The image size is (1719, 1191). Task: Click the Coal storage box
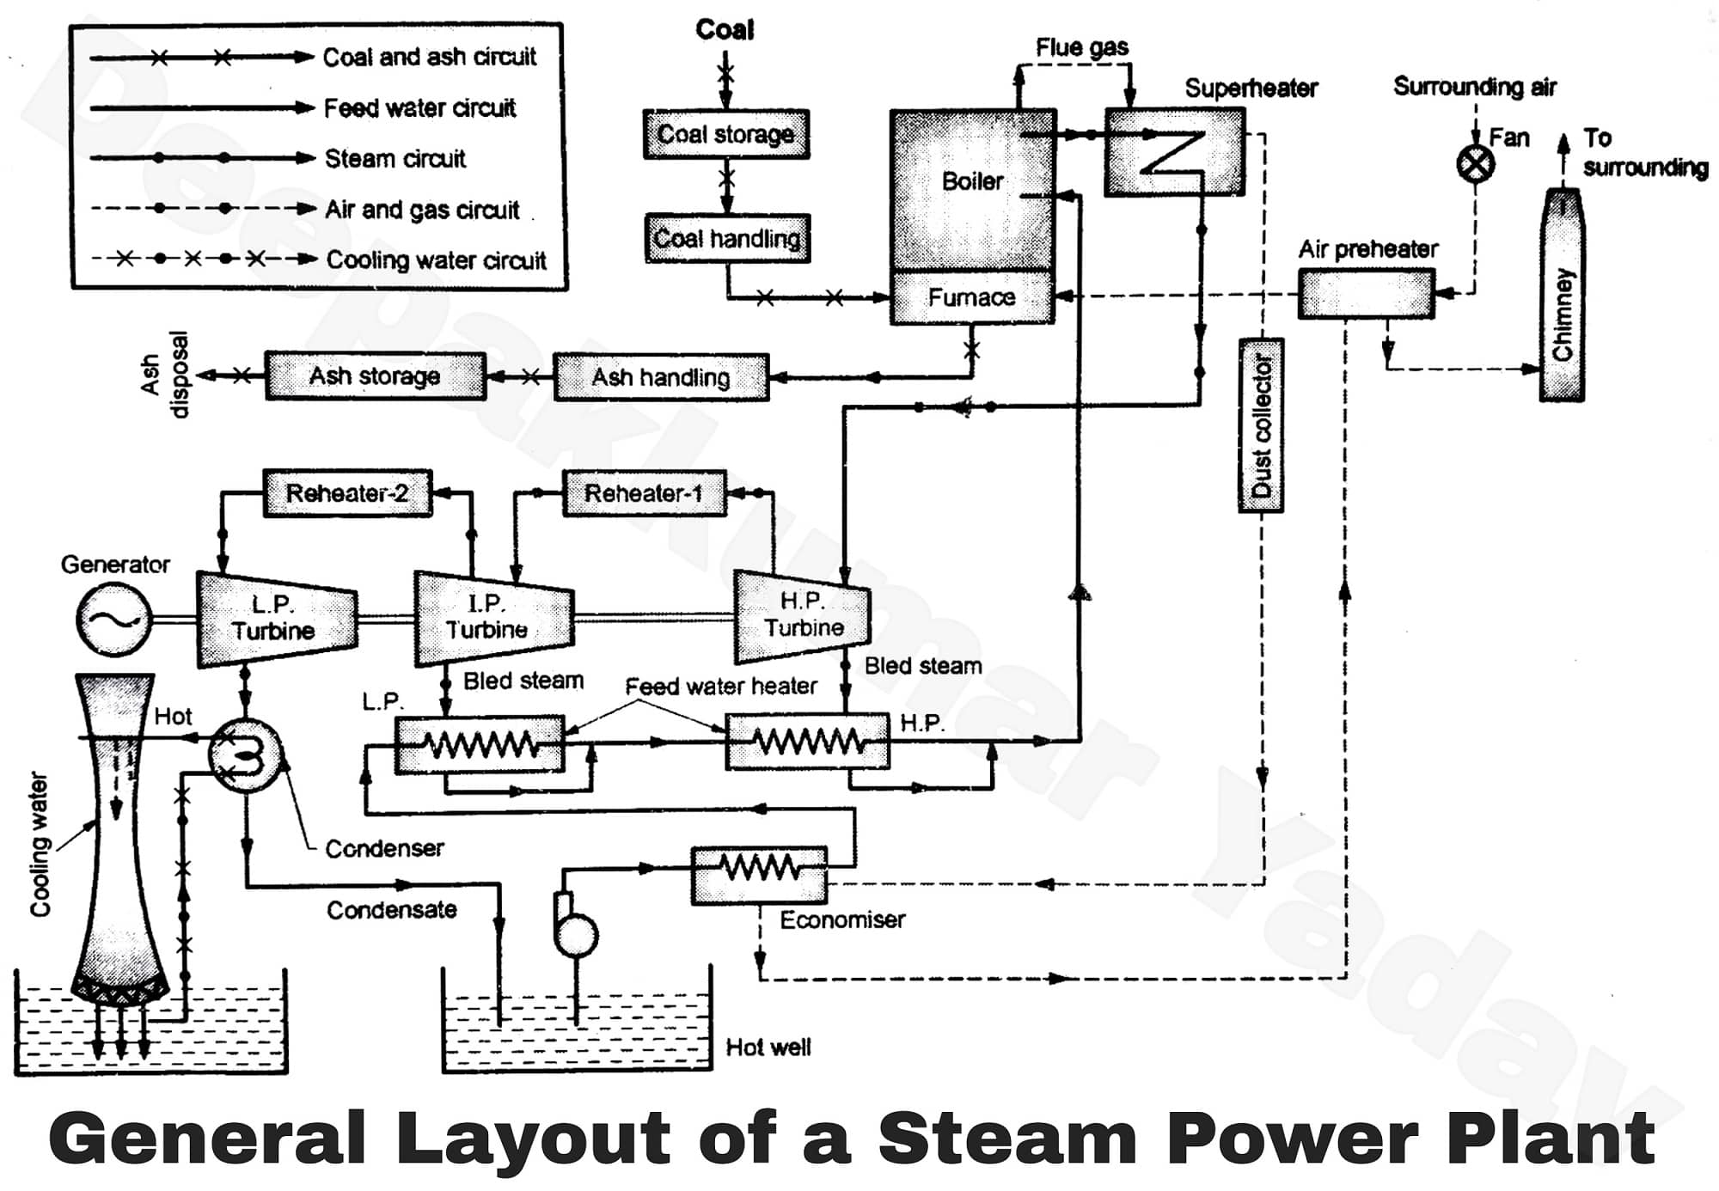726,134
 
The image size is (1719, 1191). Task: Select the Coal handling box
727,238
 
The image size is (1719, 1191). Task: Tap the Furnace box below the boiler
972,297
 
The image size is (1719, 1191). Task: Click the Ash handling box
661,377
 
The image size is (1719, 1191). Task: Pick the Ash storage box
375,376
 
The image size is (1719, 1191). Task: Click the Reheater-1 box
644,493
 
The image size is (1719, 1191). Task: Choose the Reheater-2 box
347,493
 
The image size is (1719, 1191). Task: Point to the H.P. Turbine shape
802,615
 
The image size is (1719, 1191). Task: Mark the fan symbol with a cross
1476,163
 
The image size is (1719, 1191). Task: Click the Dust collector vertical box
1261,426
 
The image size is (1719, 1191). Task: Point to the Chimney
1562,296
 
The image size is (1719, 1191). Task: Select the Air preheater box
1366,294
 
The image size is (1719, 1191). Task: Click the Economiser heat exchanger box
760,875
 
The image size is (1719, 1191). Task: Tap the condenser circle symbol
245,755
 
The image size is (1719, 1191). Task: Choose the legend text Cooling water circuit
436,260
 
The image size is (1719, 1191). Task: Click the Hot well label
768,1047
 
